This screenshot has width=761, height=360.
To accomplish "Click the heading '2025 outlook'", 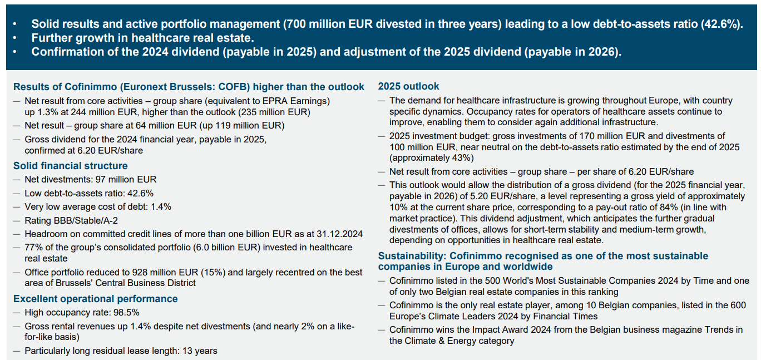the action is pos(408,86).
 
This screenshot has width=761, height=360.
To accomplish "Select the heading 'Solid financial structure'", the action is pos(70,166).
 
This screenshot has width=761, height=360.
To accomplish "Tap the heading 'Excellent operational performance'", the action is pos(96,299).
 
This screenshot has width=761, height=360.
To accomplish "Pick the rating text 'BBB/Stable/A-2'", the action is pos(86,221).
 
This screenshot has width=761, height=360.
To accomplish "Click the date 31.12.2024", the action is pos(340,234).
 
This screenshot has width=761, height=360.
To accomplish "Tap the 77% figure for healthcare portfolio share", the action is pos(32,247).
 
